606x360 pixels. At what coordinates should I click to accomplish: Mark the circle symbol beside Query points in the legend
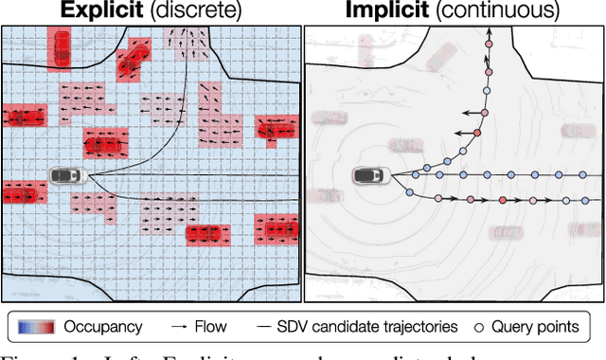click(483, 327)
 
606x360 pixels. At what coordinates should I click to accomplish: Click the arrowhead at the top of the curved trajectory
click(490, 32)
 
